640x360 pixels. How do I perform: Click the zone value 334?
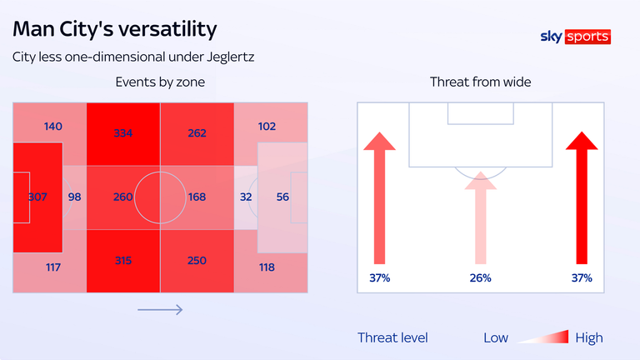[x=122, y=132]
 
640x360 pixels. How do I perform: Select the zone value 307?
[x=37, y=197]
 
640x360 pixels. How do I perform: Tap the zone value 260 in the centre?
[x=122, y=197]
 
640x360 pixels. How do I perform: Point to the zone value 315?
[x=122, y=261]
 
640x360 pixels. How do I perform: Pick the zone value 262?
[x=197, y=132]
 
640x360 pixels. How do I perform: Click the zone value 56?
[x=282, y=197]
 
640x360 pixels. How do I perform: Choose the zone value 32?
[x=246, y=197]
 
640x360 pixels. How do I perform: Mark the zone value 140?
[x=53, y=127]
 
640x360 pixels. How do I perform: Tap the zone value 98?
[x=74, y=197]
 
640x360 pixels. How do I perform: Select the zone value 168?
[x=197, y=197]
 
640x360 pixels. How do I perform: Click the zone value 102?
[x=267, y=127]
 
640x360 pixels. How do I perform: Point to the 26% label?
[x=480, y=277]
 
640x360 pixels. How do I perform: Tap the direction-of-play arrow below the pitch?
[x=160, y=310]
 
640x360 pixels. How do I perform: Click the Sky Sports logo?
[x=576, y=37]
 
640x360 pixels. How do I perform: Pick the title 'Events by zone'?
[x=160, y=82]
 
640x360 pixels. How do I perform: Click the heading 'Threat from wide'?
[x=480, y=82]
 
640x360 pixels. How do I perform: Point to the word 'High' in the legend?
[x=588, y=337]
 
